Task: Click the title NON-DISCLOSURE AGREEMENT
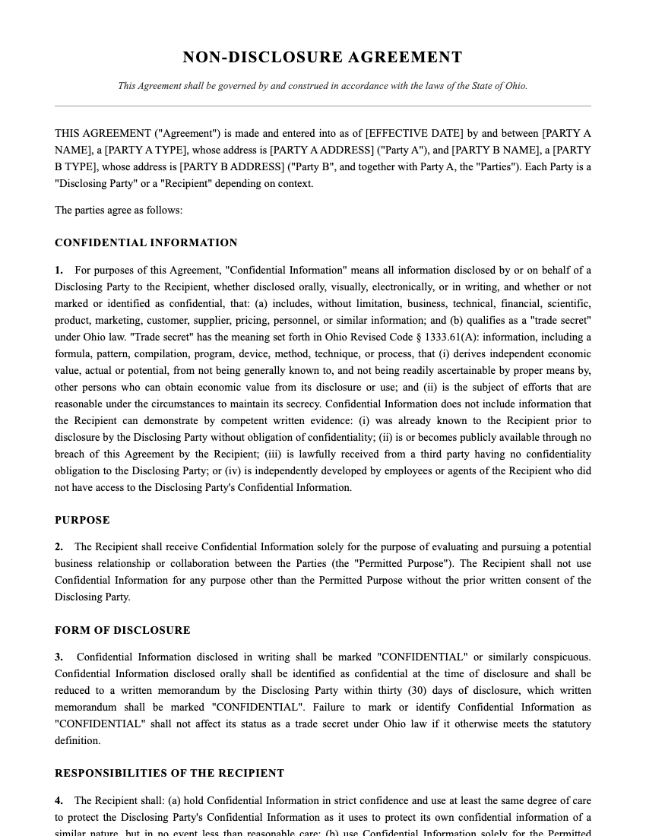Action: (x=322, y=58)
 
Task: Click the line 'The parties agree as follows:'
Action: (x=119, y=210)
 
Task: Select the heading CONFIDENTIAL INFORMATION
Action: (x=146, y=243)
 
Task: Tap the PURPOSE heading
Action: (x=82, y=521)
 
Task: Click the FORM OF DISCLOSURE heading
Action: (x=122, y=631)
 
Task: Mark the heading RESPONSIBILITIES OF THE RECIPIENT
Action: (x=169, y=774)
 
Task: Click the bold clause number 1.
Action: (x=59, y=271)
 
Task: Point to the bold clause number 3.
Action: (x=59, y=657)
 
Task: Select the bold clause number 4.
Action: (x=59, y=801)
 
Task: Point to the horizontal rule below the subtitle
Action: (x=322, y=106)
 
